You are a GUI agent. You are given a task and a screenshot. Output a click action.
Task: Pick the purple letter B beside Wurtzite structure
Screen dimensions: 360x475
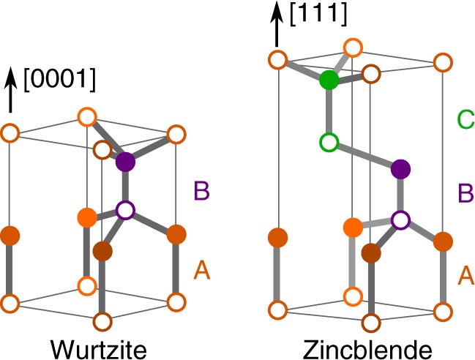tap(202, 192)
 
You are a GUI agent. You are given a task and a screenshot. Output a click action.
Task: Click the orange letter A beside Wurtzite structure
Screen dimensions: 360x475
tap(202, 272)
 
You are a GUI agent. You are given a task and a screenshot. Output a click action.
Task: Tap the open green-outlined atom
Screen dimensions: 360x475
tap(329, 140)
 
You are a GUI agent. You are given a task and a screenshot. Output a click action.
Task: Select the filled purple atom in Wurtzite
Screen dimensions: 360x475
tap(126, 162)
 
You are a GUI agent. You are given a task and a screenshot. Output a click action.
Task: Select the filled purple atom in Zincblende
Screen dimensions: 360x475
tap(400, 169)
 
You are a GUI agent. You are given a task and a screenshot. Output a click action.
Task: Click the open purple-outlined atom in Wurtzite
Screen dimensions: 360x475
tap(126, 211)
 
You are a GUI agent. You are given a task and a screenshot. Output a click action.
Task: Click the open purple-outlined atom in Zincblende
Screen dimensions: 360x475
tap(400, 219)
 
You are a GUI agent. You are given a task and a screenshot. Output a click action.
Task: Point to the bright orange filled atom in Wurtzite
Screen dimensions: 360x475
tap(87, 217)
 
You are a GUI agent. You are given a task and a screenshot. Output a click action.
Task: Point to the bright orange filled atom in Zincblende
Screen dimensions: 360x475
tap(353, 228)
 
